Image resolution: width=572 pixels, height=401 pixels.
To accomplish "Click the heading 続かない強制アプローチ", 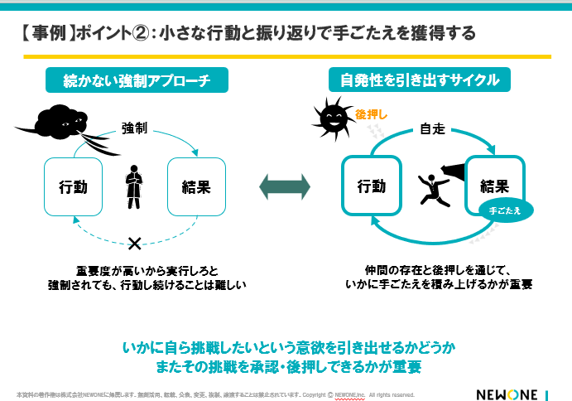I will click(x=136, y=80).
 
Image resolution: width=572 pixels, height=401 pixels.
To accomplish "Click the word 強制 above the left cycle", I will click(x=135, y=128).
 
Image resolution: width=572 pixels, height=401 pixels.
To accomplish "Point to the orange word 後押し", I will click(x=371, y=114).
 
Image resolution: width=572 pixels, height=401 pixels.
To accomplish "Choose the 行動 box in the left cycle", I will click(x=73, y=187).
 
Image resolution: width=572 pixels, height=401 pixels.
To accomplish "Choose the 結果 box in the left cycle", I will click(x=196, y=187).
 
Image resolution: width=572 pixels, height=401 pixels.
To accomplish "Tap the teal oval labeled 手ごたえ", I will click(x=506, y=211).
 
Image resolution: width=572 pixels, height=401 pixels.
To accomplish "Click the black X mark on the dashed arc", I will click(x=135, y=243).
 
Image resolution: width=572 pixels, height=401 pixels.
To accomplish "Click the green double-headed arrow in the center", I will click(x=285, y=186).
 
